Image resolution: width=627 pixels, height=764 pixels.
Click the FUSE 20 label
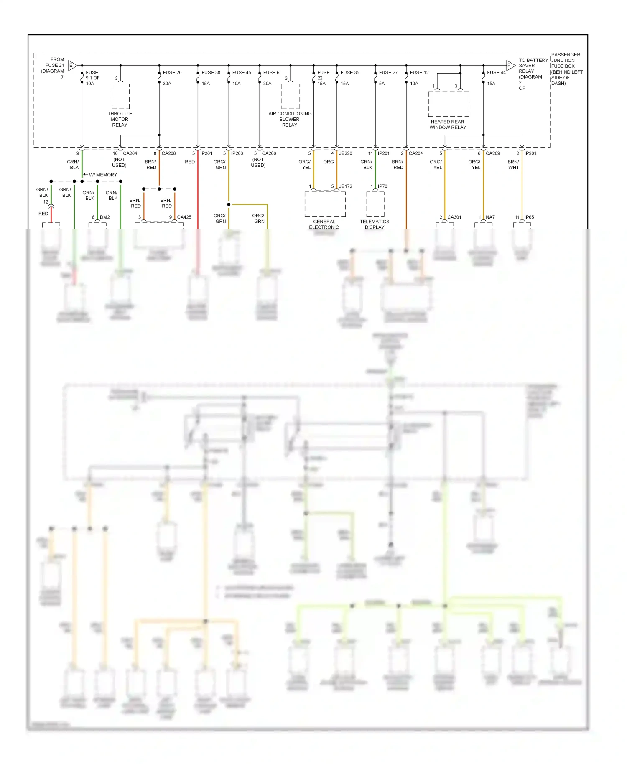point(172,72)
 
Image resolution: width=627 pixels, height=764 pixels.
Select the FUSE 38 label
point(211,72)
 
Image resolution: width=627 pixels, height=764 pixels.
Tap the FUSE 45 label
point(242,72)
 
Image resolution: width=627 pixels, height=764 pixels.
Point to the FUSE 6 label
point(271,72)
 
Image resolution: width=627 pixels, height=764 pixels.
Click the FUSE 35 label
point(350,72)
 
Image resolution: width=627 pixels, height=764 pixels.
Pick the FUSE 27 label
point(388,72)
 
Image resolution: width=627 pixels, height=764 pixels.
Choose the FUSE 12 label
point(419,72)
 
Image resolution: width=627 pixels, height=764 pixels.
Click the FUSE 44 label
point(496,72)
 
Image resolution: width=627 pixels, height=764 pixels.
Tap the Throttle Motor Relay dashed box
point(120,96)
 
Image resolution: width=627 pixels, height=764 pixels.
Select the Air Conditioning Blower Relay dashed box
point(290,96)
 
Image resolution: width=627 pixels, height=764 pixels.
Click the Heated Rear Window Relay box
point(449,104)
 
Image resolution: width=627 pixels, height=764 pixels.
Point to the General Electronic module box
point(325,204)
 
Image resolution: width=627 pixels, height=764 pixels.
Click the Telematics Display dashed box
point(375,204)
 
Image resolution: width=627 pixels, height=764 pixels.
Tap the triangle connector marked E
point(72,65)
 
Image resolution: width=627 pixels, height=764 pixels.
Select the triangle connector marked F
point(510,65)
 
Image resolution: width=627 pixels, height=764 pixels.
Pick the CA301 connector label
point(454,217)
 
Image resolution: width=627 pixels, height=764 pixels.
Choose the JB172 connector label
point(345,186)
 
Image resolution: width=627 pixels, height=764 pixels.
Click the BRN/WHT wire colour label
point(513,165)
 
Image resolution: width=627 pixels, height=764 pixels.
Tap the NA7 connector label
point(490,217)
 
